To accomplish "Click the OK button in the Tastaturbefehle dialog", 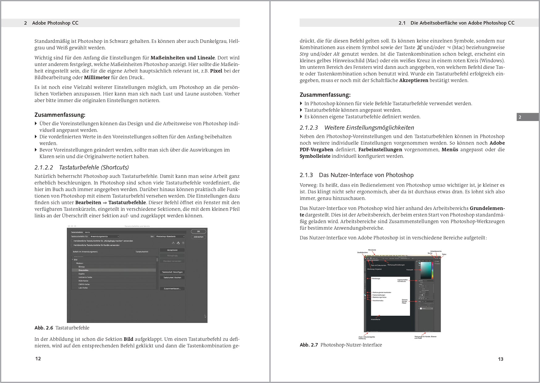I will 199,231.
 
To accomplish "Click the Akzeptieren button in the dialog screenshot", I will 172,250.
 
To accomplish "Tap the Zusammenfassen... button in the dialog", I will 172,288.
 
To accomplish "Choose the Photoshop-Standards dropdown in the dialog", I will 170,237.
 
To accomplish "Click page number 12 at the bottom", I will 38,359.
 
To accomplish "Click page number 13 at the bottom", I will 501,359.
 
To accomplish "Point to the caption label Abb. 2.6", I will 44,328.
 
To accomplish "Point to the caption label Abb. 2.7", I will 309,345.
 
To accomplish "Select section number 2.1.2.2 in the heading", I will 44,167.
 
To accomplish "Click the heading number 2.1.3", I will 306,175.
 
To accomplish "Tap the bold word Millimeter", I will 97,78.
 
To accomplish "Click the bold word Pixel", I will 216,71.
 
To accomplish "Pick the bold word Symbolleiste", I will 315,156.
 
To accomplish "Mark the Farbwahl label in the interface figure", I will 410,270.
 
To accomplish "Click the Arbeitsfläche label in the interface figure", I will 375,319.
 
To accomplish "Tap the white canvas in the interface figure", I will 390,306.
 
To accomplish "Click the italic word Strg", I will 304,54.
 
